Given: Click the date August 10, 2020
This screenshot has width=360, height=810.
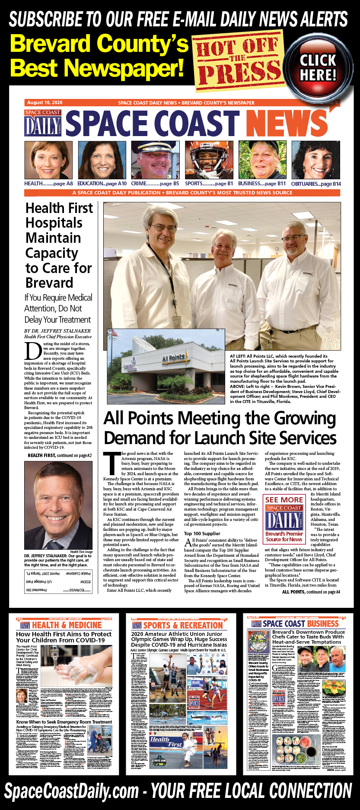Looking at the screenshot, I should [x=45, y=103].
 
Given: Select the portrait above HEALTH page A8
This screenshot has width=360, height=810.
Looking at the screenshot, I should [x=48, y=160].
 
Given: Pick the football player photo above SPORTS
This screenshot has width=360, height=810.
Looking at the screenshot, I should [x=209, y=160].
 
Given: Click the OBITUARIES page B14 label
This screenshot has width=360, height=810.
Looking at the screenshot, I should [x=316, y=184].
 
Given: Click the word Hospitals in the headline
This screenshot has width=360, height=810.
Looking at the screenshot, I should [x=54, y=223].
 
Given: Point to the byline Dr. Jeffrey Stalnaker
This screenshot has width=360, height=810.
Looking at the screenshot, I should [x=57, y=331].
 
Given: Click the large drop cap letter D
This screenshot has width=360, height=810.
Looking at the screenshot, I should [x=32, y=351].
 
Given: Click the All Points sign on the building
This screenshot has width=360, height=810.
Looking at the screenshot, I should [x=174, y=358].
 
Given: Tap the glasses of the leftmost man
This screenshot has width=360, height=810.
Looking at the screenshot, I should [x=164, y=228].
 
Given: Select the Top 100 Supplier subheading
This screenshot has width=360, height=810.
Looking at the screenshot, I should [x=202, y=534].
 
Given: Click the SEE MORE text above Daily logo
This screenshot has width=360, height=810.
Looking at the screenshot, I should [x=284, y=499].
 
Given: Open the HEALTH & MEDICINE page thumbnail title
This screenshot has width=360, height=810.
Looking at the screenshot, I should [x=67, y=625].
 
